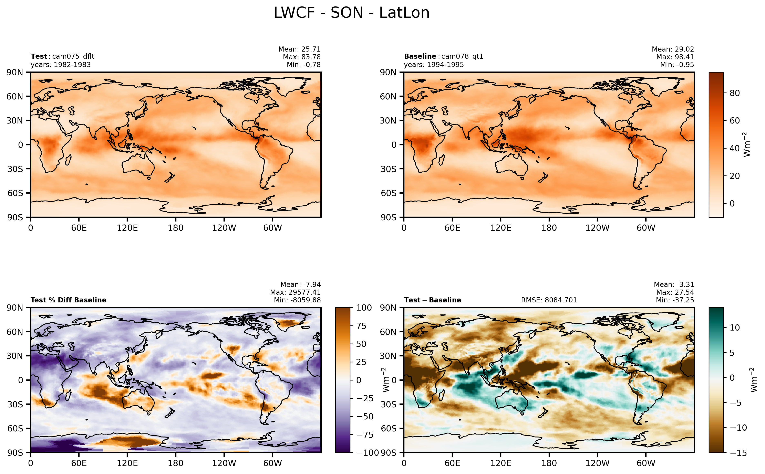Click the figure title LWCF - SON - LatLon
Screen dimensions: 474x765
[351, 13]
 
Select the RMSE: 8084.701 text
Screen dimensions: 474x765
[549, 300]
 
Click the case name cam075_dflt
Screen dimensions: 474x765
[73, 56]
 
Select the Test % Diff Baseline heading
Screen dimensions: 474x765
[68, 300]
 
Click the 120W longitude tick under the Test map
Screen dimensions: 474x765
[224, 228]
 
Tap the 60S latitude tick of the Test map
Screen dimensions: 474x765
[15, 193]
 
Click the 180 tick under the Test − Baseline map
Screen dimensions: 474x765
[549, 463]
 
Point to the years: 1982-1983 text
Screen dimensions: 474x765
[61, 65]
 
